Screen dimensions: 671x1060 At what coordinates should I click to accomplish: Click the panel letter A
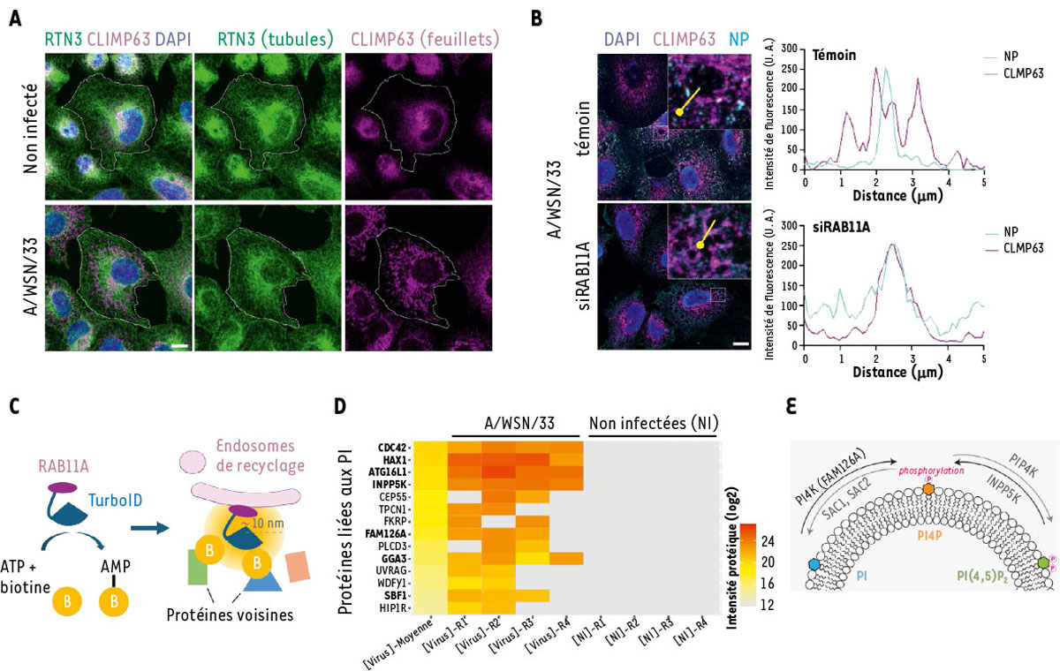(15, 16)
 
